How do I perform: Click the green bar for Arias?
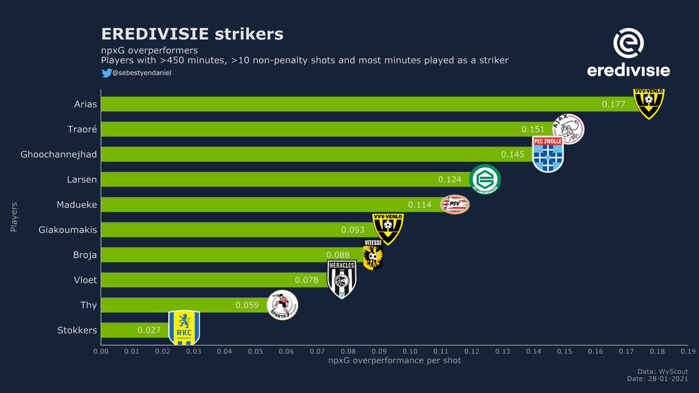coord(349,104)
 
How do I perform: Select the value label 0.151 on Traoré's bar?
coord(533,129)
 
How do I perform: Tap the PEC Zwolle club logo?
coord(548,154)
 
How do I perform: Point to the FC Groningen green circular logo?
coord(484,179)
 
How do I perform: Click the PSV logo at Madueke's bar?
coord(454,204)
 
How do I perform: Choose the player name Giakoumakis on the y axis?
coord(68,230)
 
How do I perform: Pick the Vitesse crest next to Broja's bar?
coord(373,254)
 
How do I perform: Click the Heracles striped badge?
coord(342,279)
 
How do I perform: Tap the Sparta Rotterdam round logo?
coord(282,305)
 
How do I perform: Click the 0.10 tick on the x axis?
coord(409,352)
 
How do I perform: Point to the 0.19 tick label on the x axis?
coord(688,352)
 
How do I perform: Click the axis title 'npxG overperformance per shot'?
coord(394,361)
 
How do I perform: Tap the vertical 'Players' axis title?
coord(14,218)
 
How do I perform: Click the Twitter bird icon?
coord(106,73)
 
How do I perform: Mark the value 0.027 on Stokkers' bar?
coord(149,330)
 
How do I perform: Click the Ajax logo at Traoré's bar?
coord(568,129)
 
